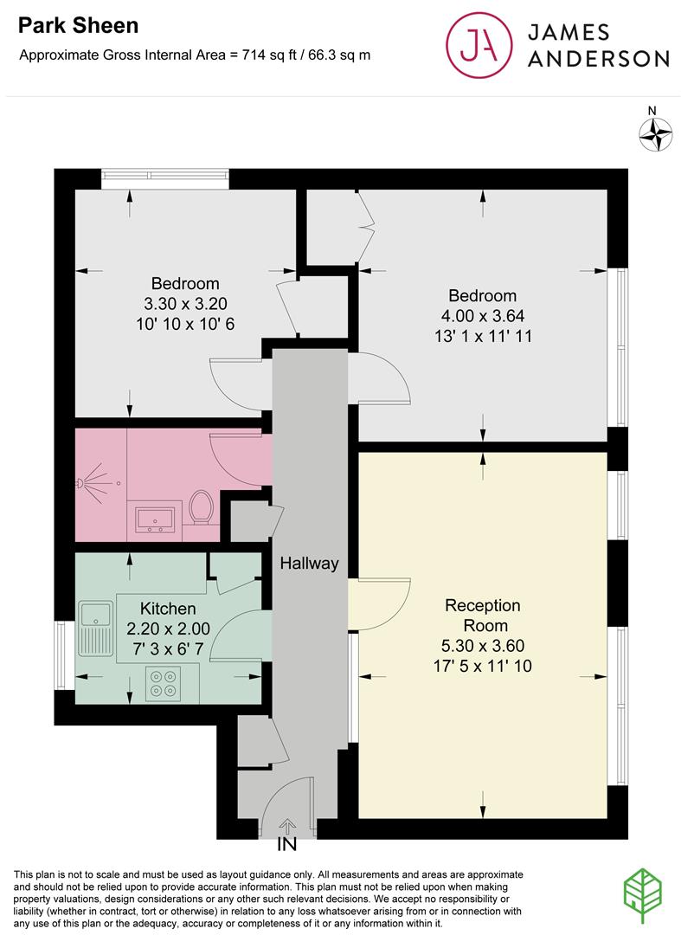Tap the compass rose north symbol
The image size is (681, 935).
point(656,132)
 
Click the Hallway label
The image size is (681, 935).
point(309,564)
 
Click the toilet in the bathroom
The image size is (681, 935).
point(202,507)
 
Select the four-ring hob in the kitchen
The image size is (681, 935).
point(163,685)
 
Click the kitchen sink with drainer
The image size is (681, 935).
point(95,629)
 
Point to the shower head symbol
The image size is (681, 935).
point(91,479)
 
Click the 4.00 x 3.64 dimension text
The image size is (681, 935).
point(482,316)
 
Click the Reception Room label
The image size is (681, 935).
point(483,615)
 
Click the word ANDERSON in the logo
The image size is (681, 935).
point(598,58)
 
